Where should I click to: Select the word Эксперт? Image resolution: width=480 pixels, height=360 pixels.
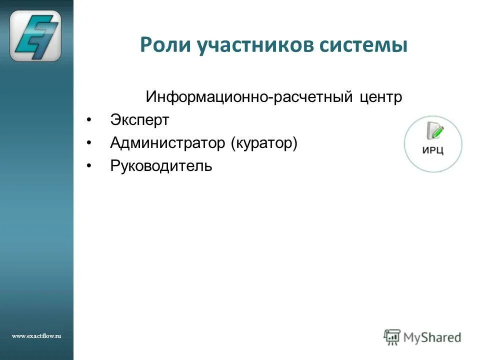click(x=139, y=120)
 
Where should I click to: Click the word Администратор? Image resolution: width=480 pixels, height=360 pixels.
click(x=168, y=143)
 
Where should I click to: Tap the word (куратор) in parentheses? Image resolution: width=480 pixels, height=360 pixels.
click(x=264, y=144)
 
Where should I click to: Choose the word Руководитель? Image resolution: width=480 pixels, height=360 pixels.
click(x=161, y=166)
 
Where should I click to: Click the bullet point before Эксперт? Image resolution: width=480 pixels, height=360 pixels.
click(x=89, y=120)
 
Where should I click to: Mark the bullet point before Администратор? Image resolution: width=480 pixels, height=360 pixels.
click(x=89, y=143)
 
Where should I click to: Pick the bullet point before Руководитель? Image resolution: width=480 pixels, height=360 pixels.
click(x=89, y=166)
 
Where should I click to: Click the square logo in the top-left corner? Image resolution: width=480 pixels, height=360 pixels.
click(x=35, y=35)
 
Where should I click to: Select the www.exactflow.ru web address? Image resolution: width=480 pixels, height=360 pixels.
click(x=36, y=336)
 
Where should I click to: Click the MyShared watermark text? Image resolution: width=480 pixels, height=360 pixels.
click(x=432, y=337)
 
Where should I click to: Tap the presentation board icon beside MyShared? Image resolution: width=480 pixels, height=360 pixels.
click(x=392, y=337)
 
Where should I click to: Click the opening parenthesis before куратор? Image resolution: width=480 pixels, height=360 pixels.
click(x=232, y=144)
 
